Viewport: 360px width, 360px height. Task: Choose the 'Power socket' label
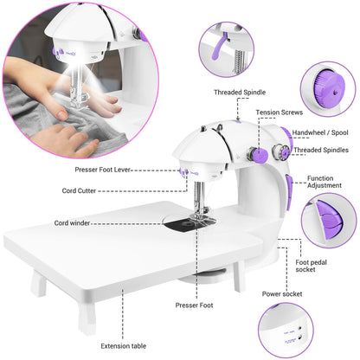click(x=281, y=293)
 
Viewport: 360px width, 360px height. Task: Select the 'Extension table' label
click(x=124, y=346)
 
